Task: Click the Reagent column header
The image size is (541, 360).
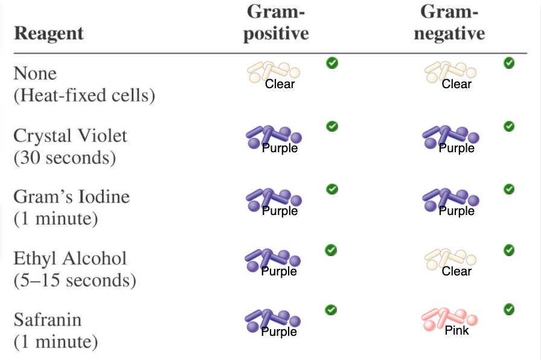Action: click(x=48, y=33)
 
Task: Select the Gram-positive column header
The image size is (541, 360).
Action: click(x=276, y=22)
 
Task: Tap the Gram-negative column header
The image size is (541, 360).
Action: click(x=449, y=22)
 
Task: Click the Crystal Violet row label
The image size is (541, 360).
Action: click(x=70, y=135)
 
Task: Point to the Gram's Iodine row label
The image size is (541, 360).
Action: click(x=71, y=197)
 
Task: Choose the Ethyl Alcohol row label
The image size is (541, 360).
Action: click(x=70, y=259)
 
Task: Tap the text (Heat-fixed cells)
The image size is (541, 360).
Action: click(x=84, y=95)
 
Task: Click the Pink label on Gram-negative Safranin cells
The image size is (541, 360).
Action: click(x=456, y=330)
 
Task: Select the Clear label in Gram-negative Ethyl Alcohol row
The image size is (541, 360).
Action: click(x=456, y=271)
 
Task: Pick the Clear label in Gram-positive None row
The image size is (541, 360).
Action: click(x=280, y=84)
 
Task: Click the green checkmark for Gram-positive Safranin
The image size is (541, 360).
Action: click(x=331, y=310)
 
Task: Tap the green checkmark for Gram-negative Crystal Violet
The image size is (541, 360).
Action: click(x=509, y=126)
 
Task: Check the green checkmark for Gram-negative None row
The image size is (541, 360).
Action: click(x=509, y=62)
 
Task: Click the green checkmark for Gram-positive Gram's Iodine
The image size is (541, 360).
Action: click(x=331, y=189)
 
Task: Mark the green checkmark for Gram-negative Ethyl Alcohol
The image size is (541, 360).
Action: click(x=509, y=249)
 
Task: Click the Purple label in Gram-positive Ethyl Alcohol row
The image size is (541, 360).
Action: click(x=279, y=271)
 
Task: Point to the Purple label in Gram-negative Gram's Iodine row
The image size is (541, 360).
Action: click(x=456, y=211)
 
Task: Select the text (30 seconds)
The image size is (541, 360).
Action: click(x=65, y=158)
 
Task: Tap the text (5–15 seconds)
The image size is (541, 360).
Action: click(x=74, y=281)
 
